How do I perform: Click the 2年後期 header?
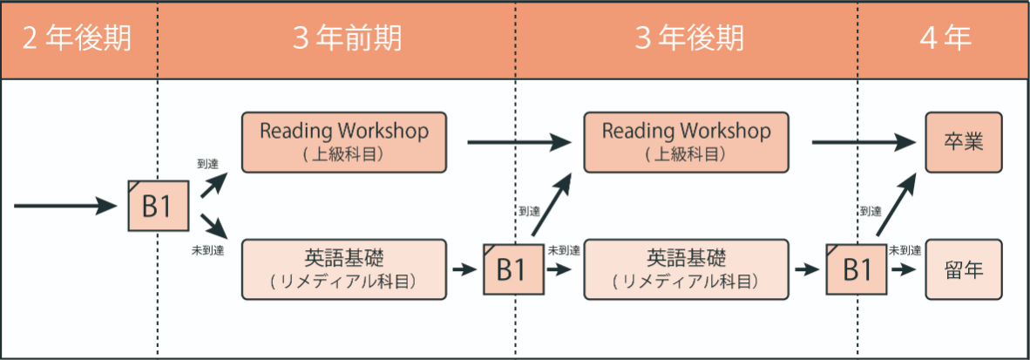click(x=77, y=39)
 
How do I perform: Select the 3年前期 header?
click(x=347, y=39)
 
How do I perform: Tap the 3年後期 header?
click(x=690, y=39)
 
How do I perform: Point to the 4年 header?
click(x=946, y=39)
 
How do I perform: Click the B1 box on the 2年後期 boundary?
click(x=159, y=206)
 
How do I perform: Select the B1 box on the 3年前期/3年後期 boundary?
click(x=513, y=269)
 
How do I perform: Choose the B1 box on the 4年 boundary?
click(x=857, y=269)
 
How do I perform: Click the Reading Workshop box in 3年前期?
click(x=343, y=142)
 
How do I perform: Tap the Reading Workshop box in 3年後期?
click(x=686, y=142)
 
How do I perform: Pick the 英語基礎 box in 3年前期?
click(x=343, y=269)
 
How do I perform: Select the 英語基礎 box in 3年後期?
click(x=686, y=269)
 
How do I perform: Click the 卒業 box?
click(x=965, y=142)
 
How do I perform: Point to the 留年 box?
click(x=965, y=269)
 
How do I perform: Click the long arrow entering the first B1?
click(x=65, y=206)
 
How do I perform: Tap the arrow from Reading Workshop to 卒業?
click(x=864, y=141)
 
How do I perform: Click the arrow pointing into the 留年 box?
click(x=904, y=269)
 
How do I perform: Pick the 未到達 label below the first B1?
click(x=209, y=250)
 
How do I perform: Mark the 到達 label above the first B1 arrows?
click(x=207, y=164)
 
